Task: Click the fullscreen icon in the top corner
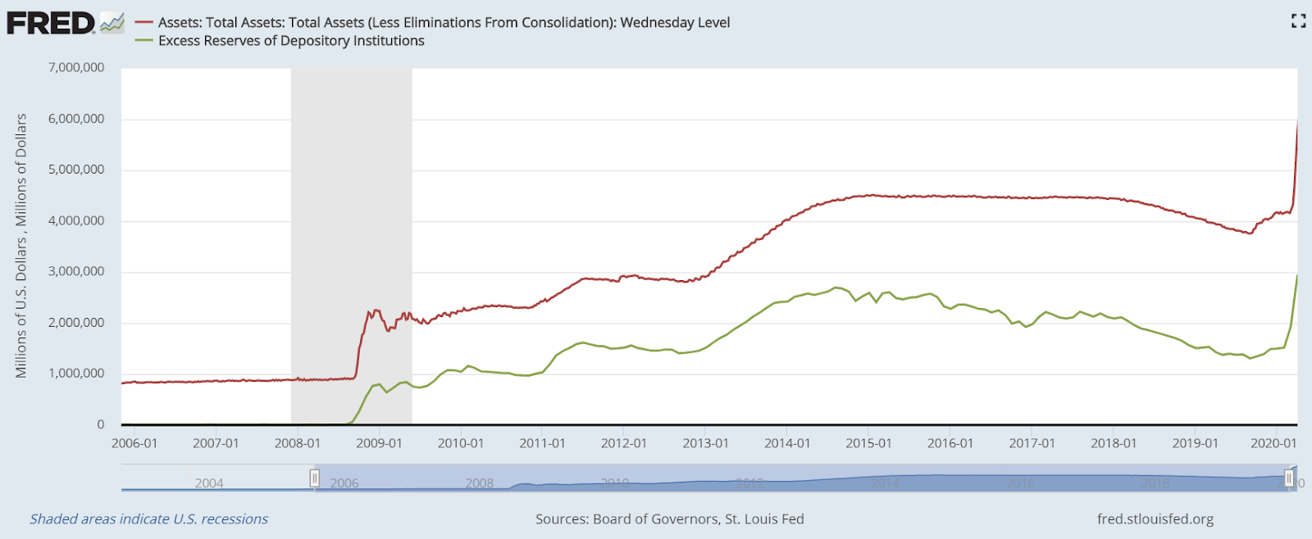pos(1298,21)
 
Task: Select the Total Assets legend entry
pos(444,23)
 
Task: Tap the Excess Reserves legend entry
pos(291,41)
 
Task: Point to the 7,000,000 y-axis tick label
pos(76,68)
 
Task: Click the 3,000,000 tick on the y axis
pos(76,272)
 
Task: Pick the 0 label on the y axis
pos(101,424)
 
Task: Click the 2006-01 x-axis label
pos(134,443)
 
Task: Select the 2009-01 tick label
pos(379,443)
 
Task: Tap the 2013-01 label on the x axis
pos(705,443)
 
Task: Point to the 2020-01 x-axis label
pos(1273,443)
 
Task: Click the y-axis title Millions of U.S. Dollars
pos(21,246)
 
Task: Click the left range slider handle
pos(315,478)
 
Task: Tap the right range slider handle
pos(1289,478)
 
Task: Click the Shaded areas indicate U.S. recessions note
pos(149,519)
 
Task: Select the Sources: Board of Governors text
pos(669,519)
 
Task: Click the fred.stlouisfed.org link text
pos(1155,519)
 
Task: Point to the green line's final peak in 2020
pos(1296,276)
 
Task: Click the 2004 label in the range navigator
pos(209,483)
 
